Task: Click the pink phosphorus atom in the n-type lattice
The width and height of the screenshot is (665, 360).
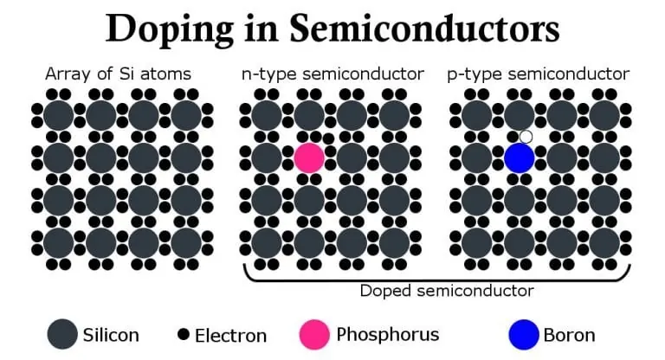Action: click(309, 157)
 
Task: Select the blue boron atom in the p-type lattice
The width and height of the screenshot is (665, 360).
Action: click(520, 157)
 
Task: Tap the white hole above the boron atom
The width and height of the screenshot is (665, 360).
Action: click(526, 137)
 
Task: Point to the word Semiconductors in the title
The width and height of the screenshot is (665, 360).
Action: click(424, 28)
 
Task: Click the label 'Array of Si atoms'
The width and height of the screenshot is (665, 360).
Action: click(118, 74)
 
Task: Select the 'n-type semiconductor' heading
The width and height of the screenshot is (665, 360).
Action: click(332, 74)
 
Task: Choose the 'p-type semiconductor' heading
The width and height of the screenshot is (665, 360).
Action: click(539, 74)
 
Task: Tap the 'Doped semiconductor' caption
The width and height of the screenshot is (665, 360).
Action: click(447, 291)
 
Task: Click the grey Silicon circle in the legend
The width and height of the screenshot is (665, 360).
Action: click(62, 334)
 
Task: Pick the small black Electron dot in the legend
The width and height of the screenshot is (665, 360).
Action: click(184, 334)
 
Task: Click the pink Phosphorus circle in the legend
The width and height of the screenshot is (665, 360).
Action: click(314, 334)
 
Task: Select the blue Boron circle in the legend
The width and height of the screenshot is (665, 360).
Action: click(524, 334)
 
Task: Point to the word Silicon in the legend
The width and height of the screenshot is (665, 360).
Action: click(111, 335)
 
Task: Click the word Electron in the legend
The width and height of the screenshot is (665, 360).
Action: click(230, 336)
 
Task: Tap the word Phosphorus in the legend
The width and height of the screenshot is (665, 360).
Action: click(388, 335)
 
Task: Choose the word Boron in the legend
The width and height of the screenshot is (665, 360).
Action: click(569, 335)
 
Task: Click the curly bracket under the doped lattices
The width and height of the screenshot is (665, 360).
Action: click(436, 280)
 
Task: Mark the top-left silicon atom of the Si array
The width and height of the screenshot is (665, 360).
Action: click(59, 115)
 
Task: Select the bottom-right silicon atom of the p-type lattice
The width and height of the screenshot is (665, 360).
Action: click(604, 243)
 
